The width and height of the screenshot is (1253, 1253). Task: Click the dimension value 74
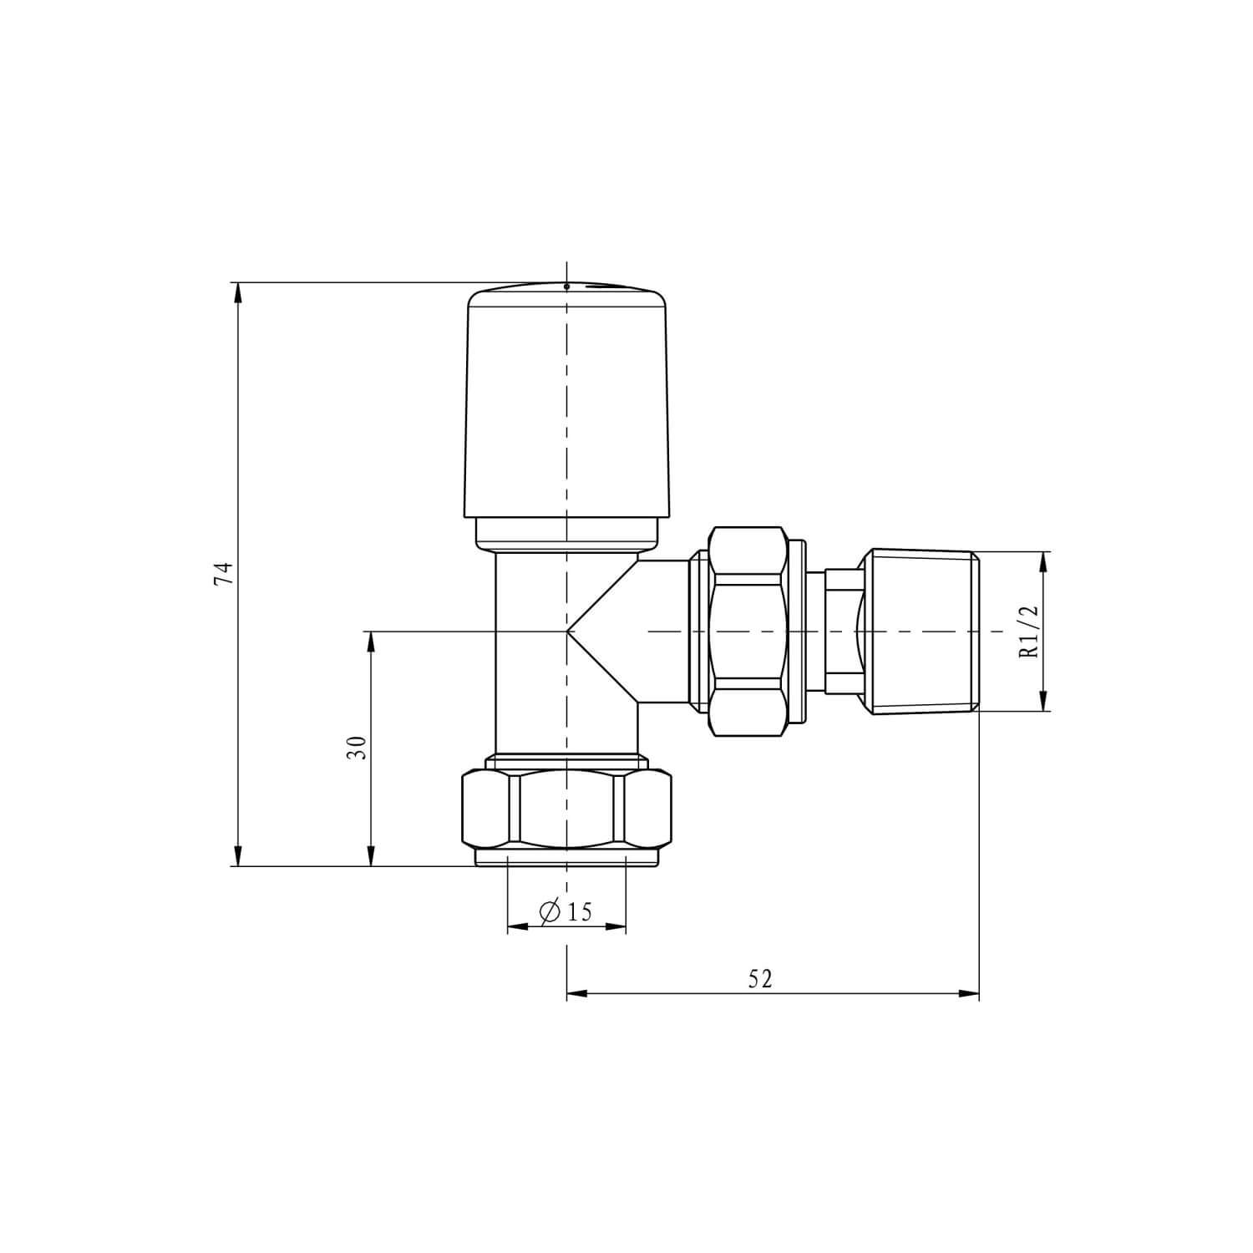222,574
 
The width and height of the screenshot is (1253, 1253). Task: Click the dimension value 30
358,747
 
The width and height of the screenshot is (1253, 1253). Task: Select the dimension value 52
760,979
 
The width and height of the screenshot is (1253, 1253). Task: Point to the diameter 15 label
568,912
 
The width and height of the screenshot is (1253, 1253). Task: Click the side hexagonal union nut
748,632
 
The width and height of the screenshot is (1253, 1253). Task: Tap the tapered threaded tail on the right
923,632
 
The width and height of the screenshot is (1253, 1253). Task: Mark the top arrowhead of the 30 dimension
371,641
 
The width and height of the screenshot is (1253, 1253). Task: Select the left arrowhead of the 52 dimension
576,994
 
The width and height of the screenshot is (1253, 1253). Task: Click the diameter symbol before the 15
550,912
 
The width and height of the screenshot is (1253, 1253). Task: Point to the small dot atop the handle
566,287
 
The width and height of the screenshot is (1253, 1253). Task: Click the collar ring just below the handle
568,533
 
